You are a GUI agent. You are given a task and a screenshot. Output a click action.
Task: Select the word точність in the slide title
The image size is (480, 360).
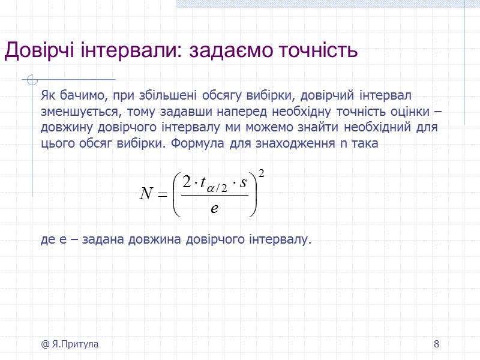(316, 51)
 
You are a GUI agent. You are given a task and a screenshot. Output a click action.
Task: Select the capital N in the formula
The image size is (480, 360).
(146, 193)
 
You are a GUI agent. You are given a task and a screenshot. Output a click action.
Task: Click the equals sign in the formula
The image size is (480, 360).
(163, 193)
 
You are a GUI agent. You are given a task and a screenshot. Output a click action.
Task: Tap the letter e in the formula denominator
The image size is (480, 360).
(214, 208)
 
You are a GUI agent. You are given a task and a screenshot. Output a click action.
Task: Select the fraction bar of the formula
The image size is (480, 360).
(214, 194)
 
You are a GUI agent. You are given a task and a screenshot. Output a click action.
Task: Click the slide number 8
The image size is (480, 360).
(436, 344)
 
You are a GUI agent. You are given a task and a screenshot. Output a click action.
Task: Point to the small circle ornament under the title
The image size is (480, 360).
(32, 80)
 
